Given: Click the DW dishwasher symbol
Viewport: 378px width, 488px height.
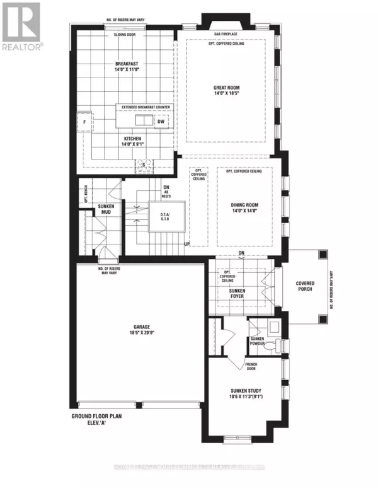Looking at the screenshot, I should point(161,121).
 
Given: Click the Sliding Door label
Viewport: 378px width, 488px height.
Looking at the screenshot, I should point(125,36).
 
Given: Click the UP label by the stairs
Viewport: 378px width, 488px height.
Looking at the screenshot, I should point(186,243).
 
